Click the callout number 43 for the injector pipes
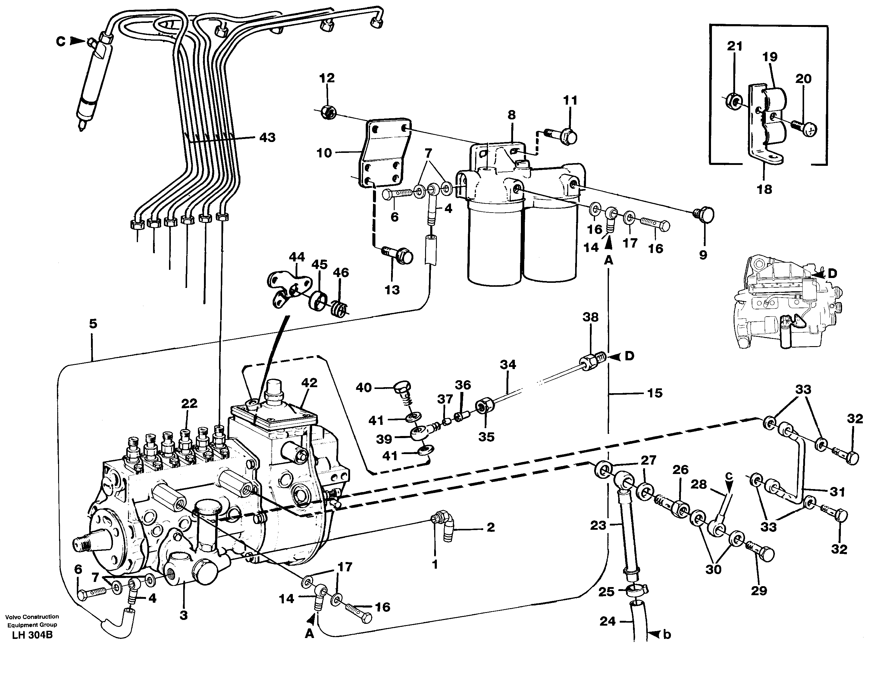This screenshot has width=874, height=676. pos(267,138)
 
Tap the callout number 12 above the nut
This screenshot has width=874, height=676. pos(327,78)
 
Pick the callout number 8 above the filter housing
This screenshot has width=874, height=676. pos(512,115)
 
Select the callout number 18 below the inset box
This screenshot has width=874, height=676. pos(764,189)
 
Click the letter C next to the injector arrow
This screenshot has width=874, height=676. pos(61,41)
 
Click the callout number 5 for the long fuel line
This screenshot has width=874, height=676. pos(93,324)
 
